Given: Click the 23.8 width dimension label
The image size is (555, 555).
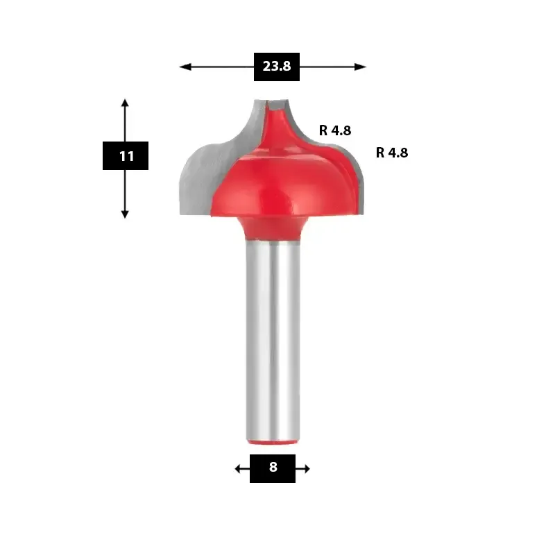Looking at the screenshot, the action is click(276, 67).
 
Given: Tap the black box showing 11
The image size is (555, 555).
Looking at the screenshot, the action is click(126, 155).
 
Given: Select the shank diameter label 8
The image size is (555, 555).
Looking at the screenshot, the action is click(273, 468).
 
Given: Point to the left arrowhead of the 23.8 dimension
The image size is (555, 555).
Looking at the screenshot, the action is click(185, 67).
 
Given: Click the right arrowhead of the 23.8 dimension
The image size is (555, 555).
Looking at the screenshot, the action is click(360, 67).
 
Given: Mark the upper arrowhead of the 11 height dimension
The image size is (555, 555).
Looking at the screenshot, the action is click(125, 103).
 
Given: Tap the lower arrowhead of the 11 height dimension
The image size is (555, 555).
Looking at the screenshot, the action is click(125, 214).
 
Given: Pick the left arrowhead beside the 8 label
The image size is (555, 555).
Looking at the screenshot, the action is click(238, 469).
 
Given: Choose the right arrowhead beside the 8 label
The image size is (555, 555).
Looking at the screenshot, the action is click(307, 469).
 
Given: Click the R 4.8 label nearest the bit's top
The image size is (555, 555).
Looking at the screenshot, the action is click(335, 130).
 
